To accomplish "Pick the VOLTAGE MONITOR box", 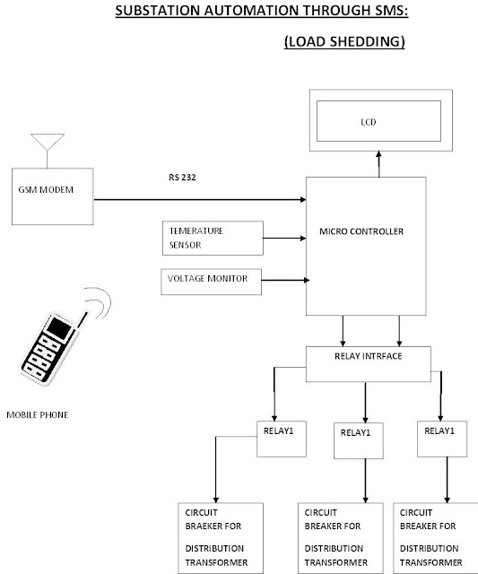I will [210, 280].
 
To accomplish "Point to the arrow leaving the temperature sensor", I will [285, 239].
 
